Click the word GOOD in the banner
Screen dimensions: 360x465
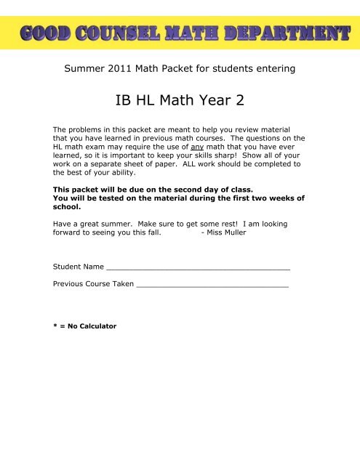coord(47,33)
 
